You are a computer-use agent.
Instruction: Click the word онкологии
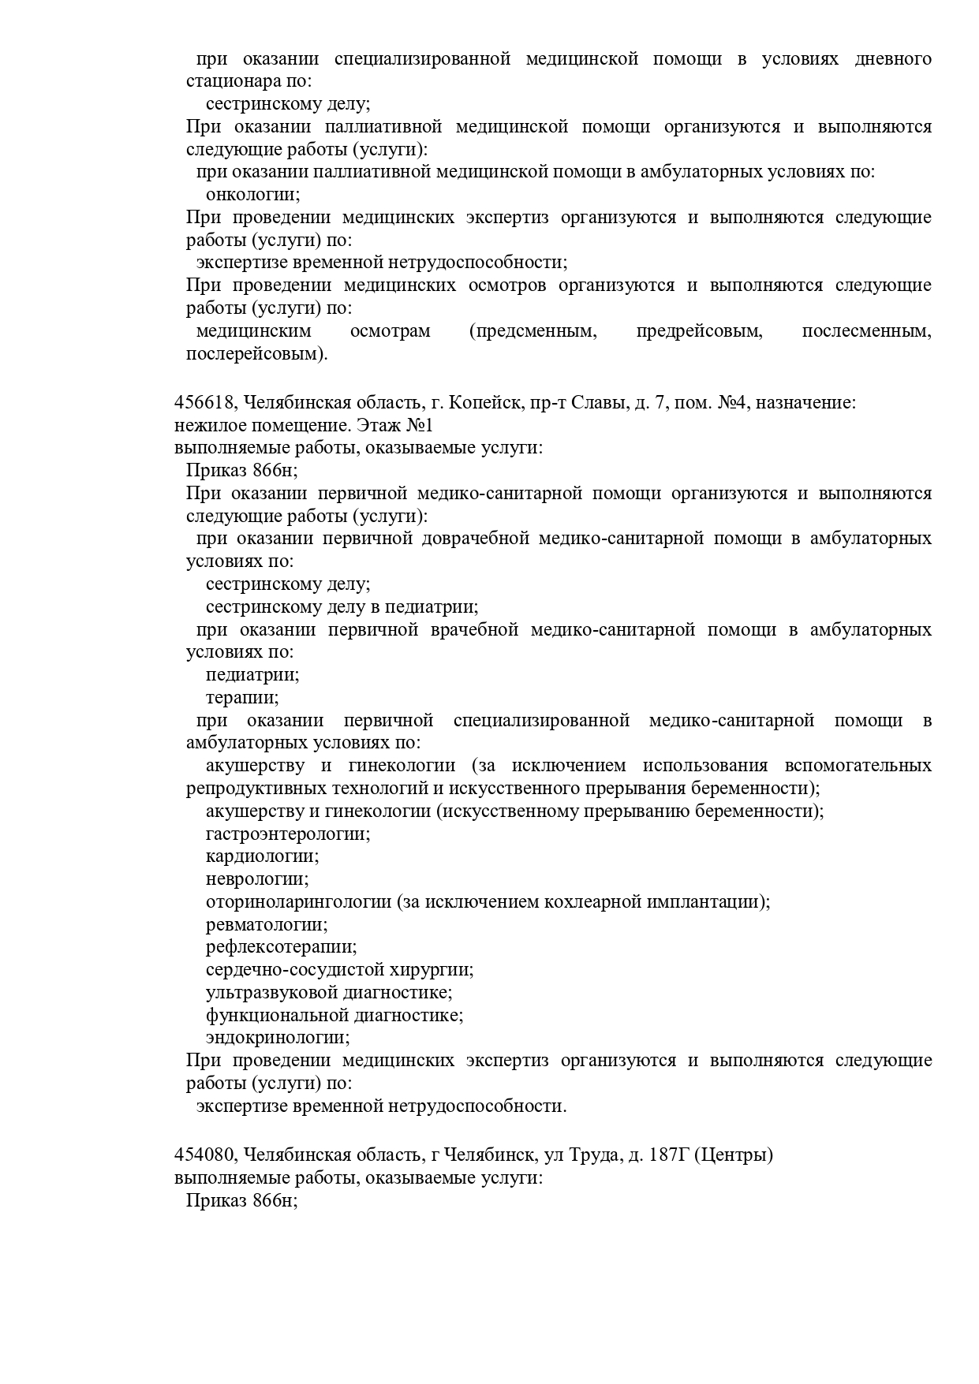(252, 195)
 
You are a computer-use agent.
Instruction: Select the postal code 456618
(204, 403)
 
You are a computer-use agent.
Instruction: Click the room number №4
(731, 403)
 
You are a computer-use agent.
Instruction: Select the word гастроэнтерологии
(287, 834)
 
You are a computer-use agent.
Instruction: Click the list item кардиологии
(262, 856)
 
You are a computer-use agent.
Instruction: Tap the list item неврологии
(257, 879)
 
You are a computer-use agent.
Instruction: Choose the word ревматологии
(267, 924)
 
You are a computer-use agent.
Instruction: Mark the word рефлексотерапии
(281, 947)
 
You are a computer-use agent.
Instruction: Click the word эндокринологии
(278, 1038)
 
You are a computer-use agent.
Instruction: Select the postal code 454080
(204, 1155)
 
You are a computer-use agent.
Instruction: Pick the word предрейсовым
(699, 331)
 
